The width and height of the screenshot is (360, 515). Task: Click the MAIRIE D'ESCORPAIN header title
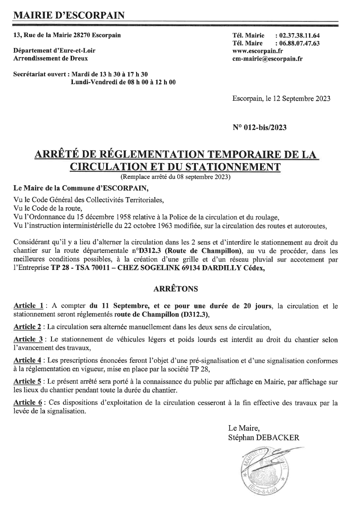pyautogui.click(x=69, y=16)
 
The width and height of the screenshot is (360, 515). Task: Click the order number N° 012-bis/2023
pyautogui.click(x=260, y=128)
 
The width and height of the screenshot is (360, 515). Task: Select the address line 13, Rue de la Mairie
pyautogui.click(x=68, y=35)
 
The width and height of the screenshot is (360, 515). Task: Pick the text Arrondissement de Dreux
pyautogui.click(x=51, y=58)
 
